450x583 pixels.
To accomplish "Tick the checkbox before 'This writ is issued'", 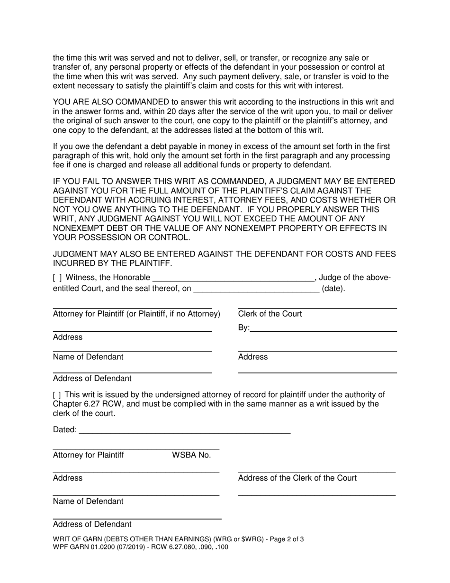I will point(56,394).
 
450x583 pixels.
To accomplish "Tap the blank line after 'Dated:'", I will point(184,432).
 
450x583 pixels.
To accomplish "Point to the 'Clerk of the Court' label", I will point(270,314).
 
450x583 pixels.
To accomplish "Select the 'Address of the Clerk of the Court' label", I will point(297,478).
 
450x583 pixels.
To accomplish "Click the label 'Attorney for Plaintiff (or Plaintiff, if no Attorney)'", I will point(136,314).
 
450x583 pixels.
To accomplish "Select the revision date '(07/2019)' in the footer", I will point(133,547).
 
